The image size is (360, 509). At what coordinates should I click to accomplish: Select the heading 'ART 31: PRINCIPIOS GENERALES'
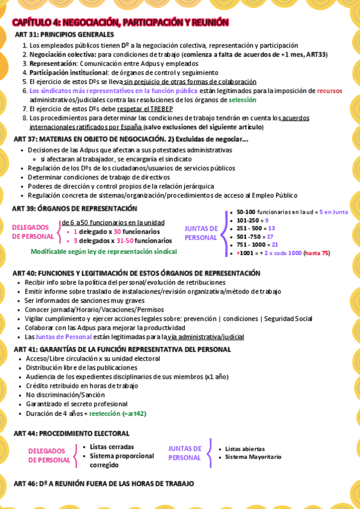[x=64, y=35]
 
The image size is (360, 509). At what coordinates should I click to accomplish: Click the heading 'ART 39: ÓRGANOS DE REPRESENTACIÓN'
[x=75, y=208]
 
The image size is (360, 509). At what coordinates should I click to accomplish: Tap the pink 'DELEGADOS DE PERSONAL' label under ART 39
[x=34, y=232]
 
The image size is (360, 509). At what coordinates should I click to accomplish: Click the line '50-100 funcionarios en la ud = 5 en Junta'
[x=292, y=212]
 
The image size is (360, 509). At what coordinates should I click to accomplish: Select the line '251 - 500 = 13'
[x=256, y=229]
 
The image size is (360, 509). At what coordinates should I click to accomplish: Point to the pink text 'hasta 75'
[x=317, y=253]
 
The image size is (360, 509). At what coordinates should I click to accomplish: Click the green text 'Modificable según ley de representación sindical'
[x=104, y=251]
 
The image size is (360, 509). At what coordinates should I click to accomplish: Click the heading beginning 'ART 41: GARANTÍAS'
[x=122, y=349]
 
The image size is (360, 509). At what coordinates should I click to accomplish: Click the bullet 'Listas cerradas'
[x=112, y=447]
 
